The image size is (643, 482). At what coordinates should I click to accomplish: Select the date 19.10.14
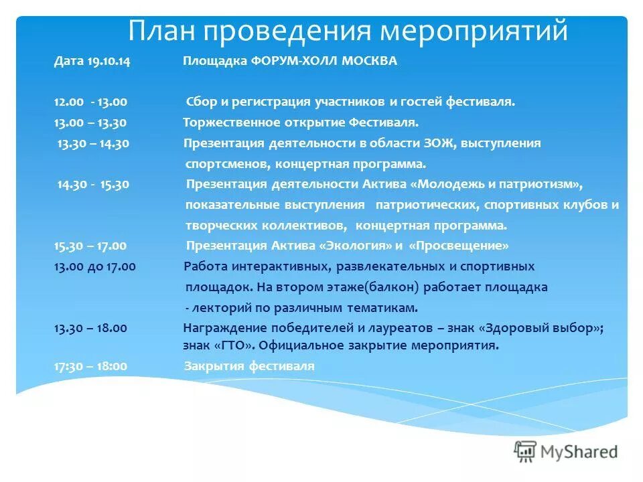tap(109, 61)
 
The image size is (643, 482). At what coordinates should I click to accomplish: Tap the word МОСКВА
tap(370, 61)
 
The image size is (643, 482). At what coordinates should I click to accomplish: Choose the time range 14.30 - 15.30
tap(93, 184)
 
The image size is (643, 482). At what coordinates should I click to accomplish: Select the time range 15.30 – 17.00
tap(90, 245)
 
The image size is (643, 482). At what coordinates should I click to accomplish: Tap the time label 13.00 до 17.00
tap(94, 266)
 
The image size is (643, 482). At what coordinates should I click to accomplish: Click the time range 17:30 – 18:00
tap(90, 366)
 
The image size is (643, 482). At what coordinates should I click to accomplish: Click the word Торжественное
tap(225, 123)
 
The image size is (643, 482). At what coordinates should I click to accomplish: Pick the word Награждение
tap(221, 328)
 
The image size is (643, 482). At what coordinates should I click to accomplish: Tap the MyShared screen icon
tap(526, 451)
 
